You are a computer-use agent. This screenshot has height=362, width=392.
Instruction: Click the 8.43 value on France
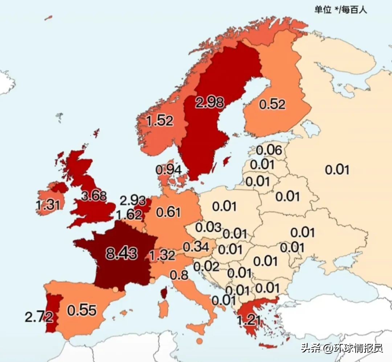(121, 253)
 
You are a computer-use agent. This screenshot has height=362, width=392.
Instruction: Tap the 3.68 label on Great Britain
(94, 196)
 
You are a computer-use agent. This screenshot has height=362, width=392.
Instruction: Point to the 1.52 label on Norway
(159, 120)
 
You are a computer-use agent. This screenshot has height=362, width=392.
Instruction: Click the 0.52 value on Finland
(272, 104)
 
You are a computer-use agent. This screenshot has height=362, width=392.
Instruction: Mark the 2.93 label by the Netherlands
(132, 200)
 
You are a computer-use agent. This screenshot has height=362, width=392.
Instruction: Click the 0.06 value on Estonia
(269, 149)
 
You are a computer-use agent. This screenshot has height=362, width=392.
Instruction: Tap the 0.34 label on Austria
(196, 247)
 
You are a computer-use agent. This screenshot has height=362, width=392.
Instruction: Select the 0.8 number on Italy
(179, 275)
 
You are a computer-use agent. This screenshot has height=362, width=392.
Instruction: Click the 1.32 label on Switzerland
(162, 255)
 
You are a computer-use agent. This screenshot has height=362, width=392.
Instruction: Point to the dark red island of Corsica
(164, 292)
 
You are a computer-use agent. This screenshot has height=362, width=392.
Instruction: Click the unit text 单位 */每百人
(340, 10)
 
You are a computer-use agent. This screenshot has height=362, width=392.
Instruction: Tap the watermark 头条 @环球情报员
(341, 348)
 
